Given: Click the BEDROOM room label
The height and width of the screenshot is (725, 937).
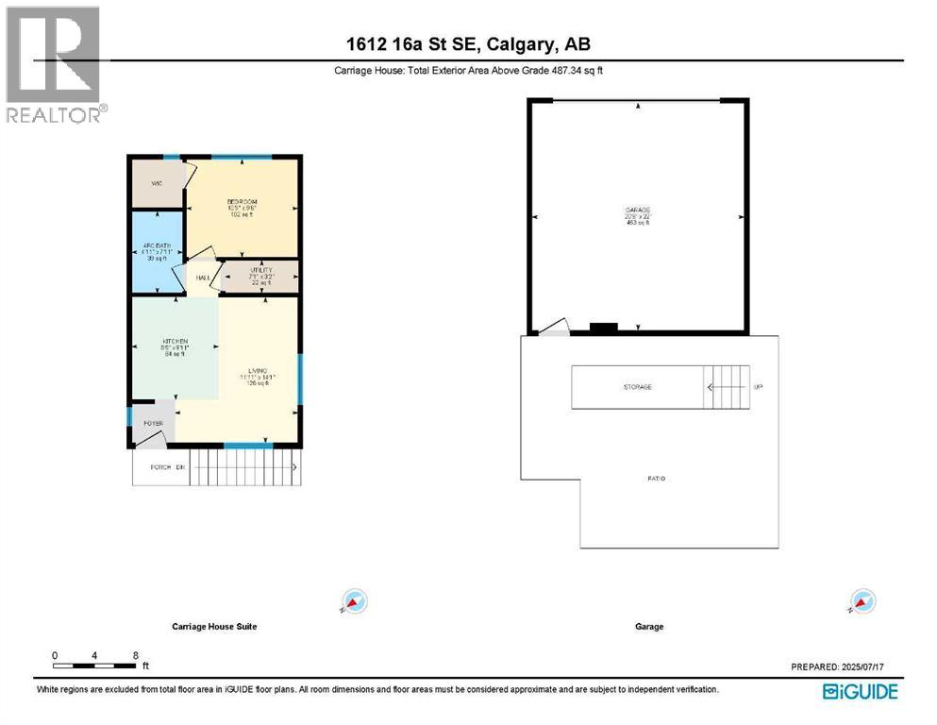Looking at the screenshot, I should (242, 202).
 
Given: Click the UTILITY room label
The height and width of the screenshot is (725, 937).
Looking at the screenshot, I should (260, 270).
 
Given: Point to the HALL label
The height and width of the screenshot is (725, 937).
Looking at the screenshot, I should (202, 278).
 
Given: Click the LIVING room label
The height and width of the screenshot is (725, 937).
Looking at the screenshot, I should (257, 369).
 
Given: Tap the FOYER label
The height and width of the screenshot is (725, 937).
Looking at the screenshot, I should (153, 423).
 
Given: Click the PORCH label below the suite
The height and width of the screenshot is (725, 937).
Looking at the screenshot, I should (160, 467).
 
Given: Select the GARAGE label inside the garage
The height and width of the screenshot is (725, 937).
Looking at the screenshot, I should (639, 210).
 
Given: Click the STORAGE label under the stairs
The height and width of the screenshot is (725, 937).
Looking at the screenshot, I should (637, 387).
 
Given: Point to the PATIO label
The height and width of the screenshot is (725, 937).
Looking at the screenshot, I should (656, 479).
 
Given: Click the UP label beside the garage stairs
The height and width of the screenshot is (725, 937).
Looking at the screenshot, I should (757, 387).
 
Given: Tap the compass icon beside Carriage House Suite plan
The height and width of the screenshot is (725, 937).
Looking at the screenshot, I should (354, 601).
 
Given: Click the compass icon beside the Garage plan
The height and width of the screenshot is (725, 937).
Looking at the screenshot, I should (862, 601).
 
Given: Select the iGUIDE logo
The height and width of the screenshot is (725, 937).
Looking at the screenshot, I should (860, 692).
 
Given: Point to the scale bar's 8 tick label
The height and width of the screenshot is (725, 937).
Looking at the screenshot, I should (136, 654).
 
